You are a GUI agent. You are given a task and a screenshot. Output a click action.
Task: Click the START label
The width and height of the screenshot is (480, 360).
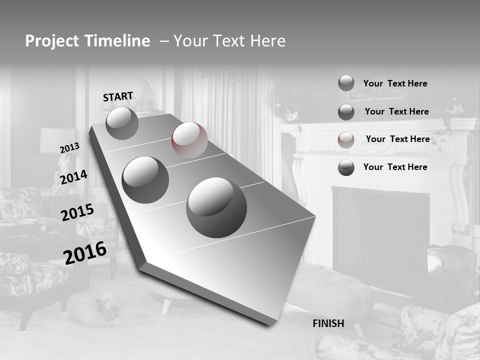click(x=118, y=96)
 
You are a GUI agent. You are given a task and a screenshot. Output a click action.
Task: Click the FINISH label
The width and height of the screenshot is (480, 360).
click(x=328, y=323)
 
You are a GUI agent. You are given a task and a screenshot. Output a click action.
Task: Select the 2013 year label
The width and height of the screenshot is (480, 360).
click(x=69, y=147)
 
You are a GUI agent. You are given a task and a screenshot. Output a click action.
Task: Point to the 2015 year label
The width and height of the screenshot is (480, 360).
click(x=77, y=212)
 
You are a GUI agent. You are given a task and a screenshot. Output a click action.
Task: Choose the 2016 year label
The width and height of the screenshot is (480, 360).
click(x=85, y=253)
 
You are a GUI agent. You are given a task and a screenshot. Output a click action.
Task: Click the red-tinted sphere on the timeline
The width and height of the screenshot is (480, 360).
click(x=189, y=140)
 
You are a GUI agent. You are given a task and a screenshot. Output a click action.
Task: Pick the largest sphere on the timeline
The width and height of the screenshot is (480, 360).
click(x=216, y=207)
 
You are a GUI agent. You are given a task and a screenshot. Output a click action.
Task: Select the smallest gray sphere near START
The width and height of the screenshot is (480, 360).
click(x=122, y=123)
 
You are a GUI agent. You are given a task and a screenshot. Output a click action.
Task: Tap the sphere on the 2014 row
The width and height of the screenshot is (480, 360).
click(x=145, y=179)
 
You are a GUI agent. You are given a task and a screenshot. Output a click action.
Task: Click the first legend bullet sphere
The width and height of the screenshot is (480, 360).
click(x=346, y=83)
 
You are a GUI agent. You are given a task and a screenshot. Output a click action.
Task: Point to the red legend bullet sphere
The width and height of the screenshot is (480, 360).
click(x=346, y=139)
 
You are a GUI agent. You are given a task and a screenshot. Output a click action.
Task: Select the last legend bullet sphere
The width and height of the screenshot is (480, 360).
click(x=346, y=167)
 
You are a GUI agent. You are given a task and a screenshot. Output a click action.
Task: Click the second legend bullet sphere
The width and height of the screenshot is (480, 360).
click(x=346, y=112)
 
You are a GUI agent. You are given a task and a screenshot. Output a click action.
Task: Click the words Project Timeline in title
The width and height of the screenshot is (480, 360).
click(x=87, y=41)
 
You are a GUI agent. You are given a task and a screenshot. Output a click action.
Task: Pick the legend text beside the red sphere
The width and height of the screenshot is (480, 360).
click(x=397, y=139)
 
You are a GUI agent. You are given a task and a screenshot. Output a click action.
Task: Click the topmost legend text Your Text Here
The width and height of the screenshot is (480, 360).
click(x=395, y=83)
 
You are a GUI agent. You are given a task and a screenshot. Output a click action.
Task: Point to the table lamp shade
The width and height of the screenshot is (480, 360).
click(x=57, y=140)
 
